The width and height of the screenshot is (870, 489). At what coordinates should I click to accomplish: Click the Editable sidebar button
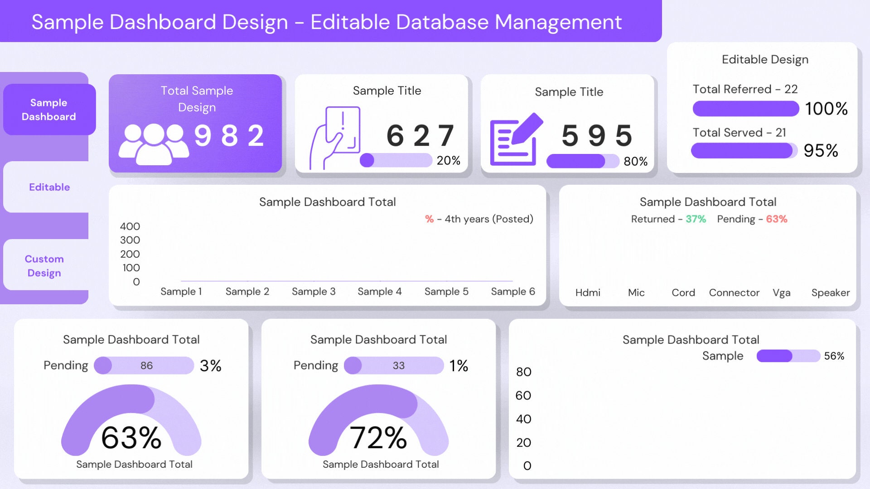(x=49, y=187)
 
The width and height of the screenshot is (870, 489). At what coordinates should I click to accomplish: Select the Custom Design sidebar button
(x=44, y=266)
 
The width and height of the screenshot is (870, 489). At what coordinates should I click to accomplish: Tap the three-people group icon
(x=153, y=143)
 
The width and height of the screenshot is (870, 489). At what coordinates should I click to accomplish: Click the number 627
(x=420, y=135)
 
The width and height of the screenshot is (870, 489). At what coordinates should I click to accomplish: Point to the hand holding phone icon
(x=335, y=138)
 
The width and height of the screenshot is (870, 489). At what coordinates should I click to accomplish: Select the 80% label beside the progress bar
(x=635, y=161)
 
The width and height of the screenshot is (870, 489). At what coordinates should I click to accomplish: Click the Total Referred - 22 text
(x=745, y=89)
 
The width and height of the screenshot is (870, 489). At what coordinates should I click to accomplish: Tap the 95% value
(x=821, y=150)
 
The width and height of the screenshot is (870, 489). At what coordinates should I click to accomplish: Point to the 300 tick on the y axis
(x=130, y=240)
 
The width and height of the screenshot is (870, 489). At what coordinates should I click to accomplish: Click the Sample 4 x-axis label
(x=379, y=292)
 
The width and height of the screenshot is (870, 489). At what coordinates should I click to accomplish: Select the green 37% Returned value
(x=696, y=219)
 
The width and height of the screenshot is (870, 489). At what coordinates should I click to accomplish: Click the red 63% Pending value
(x=776, y=219)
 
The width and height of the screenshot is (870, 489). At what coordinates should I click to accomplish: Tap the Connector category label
(x=734, y=293)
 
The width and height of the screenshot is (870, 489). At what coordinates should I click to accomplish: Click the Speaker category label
(x=830, y=293)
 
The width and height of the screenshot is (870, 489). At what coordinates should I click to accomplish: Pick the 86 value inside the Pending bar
(x=146, y=365)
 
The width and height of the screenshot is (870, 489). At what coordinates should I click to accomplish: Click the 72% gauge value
(x=378, y=438)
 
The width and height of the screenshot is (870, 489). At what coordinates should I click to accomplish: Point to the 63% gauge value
(x=131, y=438)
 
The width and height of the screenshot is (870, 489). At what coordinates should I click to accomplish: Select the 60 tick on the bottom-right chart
(x=523, y=396)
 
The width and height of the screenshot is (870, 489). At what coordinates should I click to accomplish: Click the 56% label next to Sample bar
(x=834, y=356)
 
